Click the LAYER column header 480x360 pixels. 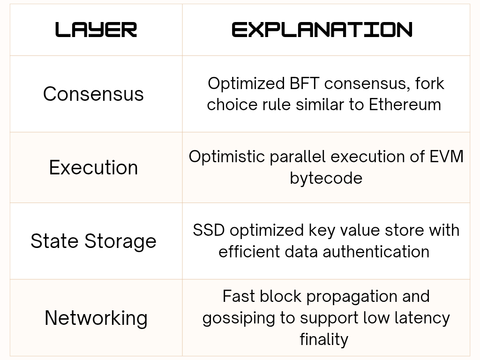point(96,30)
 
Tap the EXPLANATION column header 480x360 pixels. point(322,30)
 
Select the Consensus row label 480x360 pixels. point(93,94)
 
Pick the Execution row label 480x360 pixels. point(93,167)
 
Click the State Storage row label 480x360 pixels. point(93,241)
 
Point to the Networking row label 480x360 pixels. point(96,318)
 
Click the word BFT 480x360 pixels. point(304,83)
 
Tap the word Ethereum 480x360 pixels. point(405,105)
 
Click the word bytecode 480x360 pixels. point(326,178)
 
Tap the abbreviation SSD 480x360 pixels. point(209,230)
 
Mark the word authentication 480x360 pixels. point(376,252)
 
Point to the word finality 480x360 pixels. point(324,340)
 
